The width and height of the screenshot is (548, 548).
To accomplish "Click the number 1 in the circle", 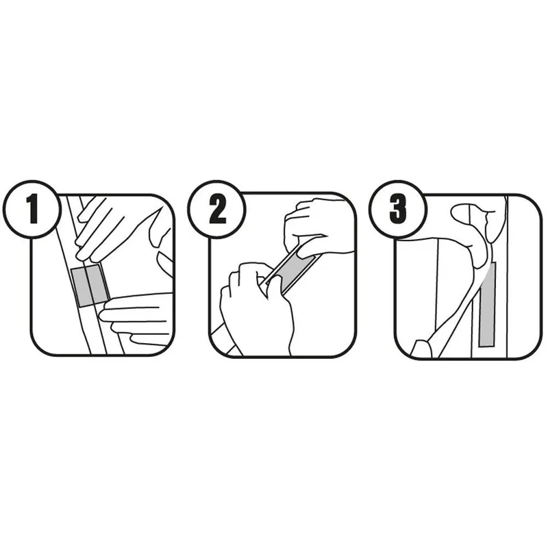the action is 33,210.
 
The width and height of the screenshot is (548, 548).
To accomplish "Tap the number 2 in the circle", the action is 217,210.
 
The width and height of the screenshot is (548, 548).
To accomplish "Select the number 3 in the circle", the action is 398,210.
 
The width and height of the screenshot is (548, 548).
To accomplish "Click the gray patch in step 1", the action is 90,286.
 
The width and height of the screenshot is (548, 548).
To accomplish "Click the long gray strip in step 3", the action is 487,304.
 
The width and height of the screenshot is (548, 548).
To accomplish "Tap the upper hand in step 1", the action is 105,229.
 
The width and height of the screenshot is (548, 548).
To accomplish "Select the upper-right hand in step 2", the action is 314,227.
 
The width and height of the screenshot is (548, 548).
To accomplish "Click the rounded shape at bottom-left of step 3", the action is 421,349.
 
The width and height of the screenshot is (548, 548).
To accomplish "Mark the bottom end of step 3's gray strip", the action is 488,346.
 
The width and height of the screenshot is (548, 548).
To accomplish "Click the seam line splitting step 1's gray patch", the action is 90,286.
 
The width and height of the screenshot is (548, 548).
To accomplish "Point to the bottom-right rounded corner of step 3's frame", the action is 532,349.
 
